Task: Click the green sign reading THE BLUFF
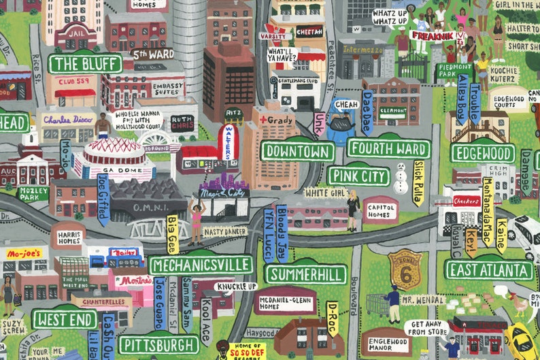tap(85, 64)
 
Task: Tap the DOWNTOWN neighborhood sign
tap(297, 151)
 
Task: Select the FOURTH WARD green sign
tap(388, 148)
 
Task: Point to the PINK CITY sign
tap(358, 176)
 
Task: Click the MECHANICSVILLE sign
tap(201, 265)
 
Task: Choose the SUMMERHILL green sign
tap(306, 274)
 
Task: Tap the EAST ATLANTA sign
tap(489, 269)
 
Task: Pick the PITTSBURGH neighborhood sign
tap(158, 344)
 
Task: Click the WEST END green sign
tap(64, 318)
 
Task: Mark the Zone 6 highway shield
tap(404, 268)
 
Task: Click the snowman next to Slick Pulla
tap(401, 178)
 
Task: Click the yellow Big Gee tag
tap(172, 234)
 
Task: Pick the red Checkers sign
tap(467, 201)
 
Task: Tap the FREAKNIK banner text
tap(433, 33)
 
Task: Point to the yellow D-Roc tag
tap(332, 318)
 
